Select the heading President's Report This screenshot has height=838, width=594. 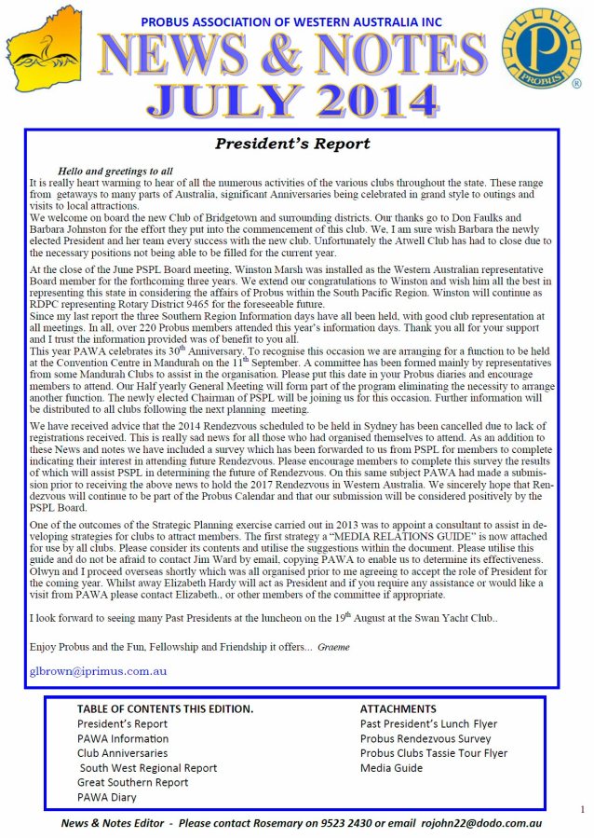pyautogui.click(x=292, y=144)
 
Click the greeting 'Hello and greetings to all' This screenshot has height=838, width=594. pyautogui.click(x=115, y=172)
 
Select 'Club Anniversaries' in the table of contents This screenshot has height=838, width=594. pyautogui.click(x=122, y=753)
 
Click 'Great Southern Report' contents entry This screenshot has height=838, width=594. pyautogui.click(x=132, y=783)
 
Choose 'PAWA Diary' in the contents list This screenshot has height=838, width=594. pyautogui.click(x=106, y=798)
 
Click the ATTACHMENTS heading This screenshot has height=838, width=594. pyautogui.click(x=398, y=709)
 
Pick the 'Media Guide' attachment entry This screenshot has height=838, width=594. pyautogui.click(x=391, y=768)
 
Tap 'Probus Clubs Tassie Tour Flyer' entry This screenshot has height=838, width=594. pyautogui.click(x=434, y=753)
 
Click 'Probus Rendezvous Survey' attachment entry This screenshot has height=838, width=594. pyautogui.click(x=425, y=738)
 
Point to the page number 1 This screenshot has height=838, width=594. pyautogui.click(x=582, y=809)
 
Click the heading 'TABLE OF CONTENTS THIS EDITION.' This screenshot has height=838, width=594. pyautogui.click(x=165, y=709)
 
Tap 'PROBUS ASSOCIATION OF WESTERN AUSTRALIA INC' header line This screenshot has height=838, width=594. pyautogui.click(x=290, y=21)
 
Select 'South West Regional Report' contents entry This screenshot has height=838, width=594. pyautogui.click(x=147, y=768)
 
